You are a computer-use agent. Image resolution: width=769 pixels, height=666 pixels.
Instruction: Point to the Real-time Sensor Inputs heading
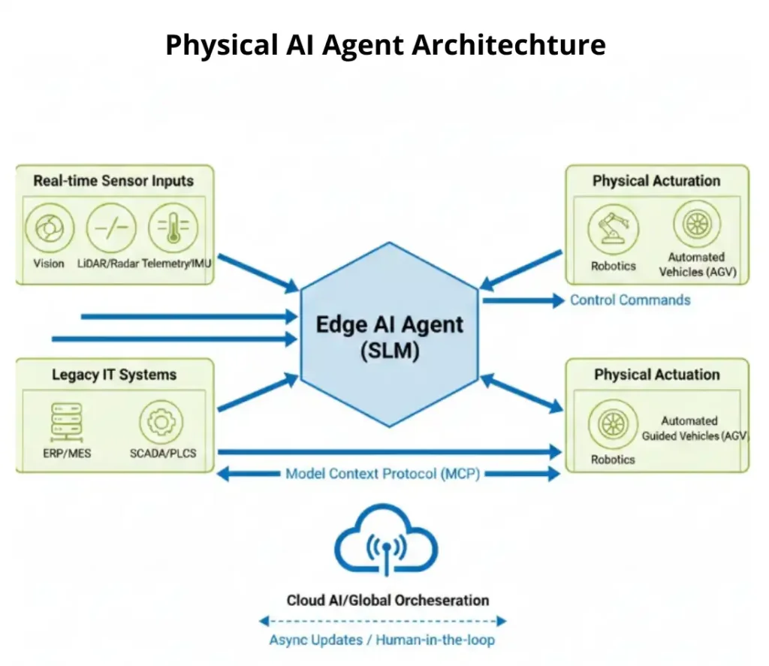tap(113, 181)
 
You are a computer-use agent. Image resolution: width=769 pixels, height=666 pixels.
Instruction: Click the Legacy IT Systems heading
tap(113, 375)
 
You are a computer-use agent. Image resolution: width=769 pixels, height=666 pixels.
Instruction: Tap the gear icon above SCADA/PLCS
tap(161, 422)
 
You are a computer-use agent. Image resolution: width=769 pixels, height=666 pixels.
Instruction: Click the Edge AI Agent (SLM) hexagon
tap(389, 335)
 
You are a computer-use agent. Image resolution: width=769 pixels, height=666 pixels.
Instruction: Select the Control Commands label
tap(629, 300)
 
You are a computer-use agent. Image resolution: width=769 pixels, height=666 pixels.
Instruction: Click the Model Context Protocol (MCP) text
tap(382, 475)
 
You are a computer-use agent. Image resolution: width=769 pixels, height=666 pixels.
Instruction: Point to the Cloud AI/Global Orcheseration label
tap(388, 600)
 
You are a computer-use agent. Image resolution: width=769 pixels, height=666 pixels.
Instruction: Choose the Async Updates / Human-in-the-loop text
tap(381, 640)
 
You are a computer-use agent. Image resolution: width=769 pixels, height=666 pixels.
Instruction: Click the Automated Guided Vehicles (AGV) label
tap(691, 429)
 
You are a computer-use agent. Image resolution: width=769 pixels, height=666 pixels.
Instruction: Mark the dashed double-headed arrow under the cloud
tap(382, 621)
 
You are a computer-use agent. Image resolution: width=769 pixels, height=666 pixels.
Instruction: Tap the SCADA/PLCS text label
tap(161, 454)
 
